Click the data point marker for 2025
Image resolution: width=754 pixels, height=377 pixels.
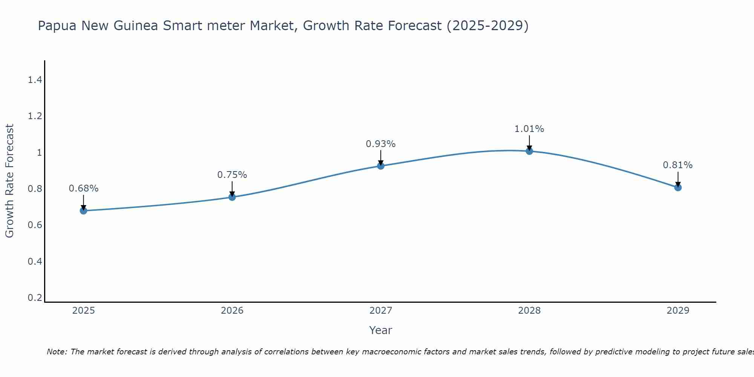[x=83, y=210]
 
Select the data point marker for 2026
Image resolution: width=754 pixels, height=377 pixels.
[x=232, y=197]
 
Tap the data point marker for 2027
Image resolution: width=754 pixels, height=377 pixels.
[x=380, y=166]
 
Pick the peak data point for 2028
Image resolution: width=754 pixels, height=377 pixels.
[x=529, y=151]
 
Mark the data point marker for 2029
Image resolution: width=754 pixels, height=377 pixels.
[x=678, y=187]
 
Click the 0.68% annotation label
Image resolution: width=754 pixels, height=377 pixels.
[x=83, y=188]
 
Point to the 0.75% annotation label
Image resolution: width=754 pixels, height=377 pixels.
[x=232, y=175]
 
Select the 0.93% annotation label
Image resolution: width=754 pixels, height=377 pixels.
[x=380, y=144]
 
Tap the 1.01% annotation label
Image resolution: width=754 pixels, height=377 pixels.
[x=529, y=129]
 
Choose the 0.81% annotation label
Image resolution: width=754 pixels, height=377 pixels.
[x=677, y=165]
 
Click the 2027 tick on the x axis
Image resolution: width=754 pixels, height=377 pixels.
[x=380, y=311]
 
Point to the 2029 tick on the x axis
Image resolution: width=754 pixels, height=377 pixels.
[x=678, y=311]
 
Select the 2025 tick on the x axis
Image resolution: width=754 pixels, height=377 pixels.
[x=83, y=311]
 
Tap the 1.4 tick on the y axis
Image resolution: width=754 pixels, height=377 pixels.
[x=35, y=80]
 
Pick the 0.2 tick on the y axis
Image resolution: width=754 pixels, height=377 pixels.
[x=35, y=298]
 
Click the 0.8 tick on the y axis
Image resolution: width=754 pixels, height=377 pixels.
[x=35, y=189]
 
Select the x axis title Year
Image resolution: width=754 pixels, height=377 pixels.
[x=380, y=330]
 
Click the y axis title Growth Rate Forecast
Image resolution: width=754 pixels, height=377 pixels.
[x=9, y=181]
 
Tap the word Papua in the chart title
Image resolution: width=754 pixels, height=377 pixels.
[x=57, y=26]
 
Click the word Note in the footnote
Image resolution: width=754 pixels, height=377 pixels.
[x=57, y=352]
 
